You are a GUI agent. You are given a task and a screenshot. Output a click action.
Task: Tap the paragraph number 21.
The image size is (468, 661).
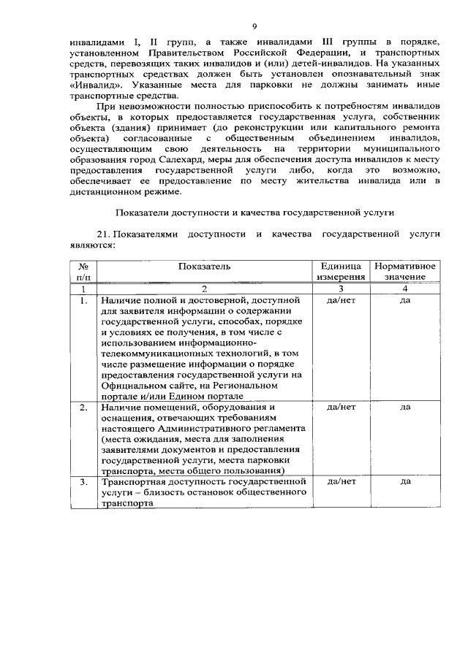[105, 234]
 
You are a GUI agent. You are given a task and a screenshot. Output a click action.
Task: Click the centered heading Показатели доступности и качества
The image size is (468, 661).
[254, 213]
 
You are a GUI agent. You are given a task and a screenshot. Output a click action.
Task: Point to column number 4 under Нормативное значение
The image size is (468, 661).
[405, 289]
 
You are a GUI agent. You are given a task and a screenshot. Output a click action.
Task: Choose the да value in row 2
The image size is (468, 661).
[405, 407]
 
